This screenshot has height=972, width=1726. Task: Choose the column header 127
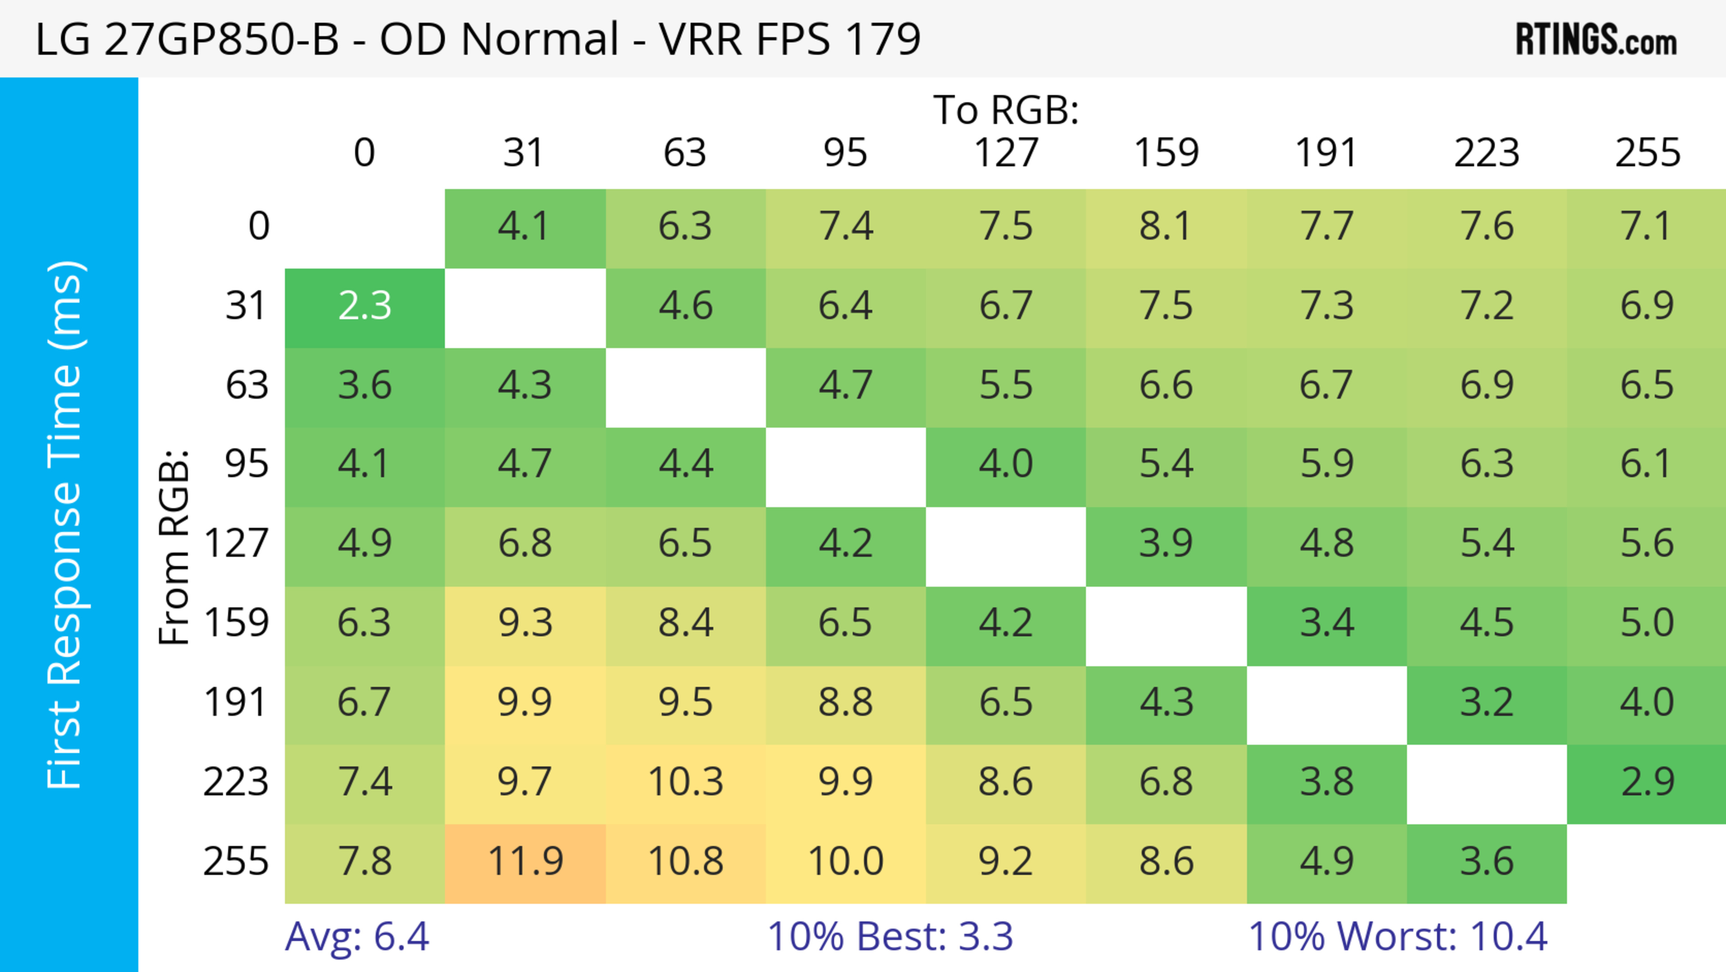click(x=1006, y=153)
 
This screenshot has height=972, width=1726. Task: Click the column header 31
click(x=523, y=153)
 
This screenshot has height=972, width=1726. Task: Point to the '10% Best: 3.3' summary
click(x=890, y=936)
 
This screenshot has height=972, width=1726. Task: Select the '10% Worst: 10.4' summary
click(x=1398, y=936)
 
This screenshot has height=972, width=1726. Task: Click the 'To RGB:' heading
click(x=1006, y=110)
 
